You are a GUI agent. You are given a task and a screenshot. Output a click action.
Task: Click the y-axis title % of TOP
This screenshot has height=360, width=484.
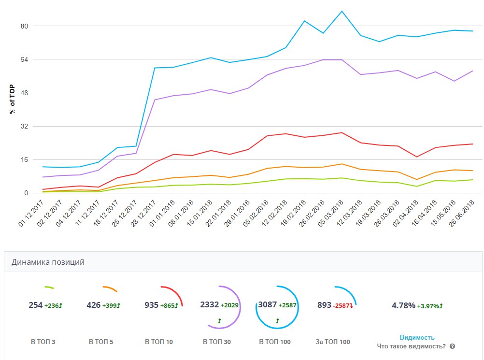point(13,98)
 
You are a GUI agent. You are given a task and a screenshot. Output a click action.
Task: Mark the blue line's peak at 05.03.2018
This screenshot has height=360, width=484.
point(342,11)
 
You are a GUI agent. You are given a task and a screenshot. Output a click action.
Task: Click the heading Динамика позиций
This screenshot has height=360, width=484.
point(48,262)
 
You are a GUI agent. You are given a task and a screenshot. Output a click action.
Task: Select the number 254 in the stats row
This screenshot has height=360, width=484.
point(36,305)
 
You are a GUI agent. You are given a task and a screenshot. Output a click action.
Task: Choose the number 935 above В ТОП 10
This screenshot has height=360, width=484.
point(152,305)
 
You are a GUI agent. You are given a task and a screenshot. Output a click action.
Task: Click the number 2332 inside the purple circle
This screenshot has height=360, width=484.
point(209,304)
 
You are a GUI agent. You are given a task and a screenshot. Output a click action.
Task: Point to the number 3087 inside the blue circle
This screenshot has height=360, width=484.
point(268,304)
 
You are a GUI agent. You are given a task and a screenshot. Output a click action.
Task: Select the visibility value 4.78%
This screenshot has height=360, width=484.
point(403,305)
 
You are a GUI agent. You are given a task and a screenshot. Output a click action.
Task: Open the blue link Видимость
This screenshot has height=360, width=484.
point(417,337)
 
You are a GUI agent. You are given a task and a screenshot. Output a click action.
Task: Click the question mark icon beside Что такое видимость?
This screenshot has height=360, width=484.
point(452,346)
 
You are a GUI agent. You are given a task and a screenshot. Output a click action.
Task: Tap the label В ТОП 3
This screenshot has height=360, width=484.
point(43,342)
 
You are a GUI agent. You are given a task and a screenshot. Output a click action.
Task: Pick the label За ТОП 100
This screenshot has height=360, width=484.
point(333,342)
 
